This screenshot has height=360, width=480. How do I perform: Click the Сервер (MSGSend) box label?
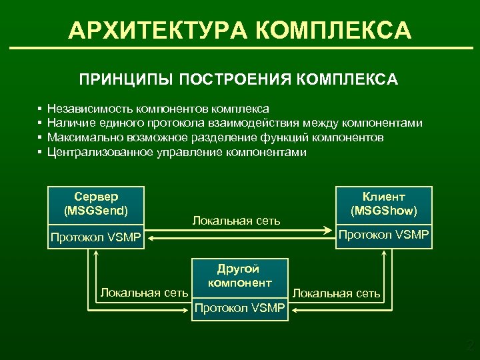tap(96, 203)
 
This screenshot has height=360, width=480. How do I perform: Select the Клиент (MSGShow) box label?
tap(383, 203)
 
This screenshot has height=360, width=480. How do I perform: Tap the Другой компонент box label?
tap(239, 276)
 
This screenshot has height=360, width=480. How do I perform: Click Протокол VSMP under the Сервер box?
tap(96, 238)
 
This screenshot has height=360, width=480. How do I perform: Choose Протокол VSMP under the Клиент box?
tap(383, 234)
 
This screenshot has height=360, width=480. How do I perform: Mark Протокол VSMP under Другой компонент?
tap(239, 307)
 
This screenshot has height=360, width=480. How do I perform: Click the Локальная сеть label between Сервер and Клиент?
tap(236, 220)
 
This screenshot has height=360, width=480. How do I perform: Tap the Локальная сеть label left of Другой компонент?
tap(144, 291)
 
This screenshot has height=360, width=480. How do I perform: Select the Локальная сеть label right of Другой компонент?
tap(337, 293)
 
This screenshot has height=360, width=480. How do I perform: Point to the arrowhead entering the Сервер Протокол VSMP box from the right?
tap(151, 236)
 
